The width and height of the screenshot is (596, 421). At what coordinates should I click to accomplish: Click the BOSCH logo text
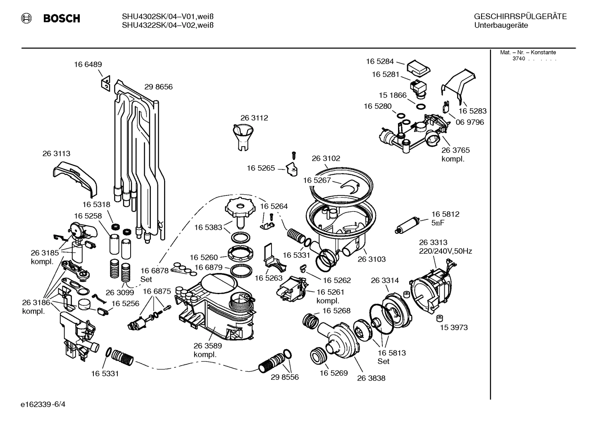tap(61, 18)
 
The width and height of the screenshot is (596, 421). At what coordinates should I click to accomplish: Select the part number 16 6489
tap(88, 64)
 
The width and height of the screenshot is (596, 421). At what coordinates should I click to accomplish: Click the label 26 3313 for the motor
tap(433, 243)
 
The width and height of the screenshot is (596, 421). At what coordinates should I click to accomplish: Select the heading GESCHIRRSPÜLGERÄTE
tap(520, 17)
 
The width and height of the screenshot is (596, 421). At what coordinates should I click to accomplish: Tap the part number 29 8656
tap(158, 87)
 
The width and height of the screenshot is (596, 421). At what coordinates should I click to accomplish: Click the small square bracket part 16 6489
tap(105, 83)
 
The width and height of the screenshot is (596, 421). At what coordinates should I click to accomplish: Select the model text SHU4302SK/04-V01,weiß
tap(167, 17)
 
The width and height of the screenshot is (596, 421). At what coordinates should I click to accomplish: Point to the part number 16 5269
tap(334, 373)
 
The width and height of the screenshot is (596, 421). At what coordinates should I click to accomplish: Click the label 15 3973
tap(453, 327)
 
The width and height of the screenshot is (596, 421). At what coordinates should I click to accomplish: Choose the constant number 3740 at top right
tap(518, 59)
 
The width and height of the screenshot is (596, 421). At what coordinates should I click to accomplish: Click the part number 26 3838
tap(371, 378)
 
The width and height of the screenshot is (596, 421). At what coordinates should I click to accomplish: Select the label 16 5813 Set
tap(391, 357)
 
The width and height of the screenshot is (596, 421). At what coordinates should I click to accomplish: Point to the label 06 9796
tap(470, 122)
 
